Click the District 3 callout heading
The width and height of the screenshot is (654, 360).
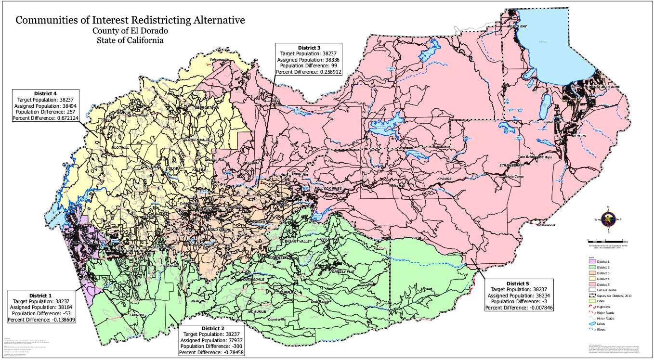(309, 48)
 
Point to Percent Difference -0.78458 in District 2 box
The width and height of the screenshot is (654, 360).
(211, 353)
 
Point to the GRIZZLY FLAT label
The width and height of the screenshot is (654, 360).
(343, 272)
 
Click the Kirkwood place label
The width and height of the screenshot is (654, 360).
(547, 225)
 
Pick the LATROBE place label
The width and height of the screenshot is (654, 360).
(137, 315)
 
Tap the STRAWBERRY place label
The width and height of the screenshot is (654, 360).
(511, 165)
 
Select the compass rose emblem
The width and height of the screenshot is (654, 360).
(609, 219)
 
